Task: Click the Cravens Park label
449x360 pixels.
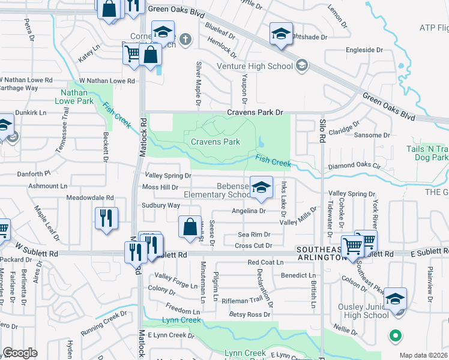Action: click(215, 142)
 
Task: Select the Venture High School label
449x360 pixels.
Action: click(255, 66)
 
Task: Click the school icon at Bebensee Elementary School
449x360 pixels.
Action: click(261, 188)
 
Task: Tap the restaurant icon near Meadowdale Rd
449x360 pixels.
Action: click(106, 218)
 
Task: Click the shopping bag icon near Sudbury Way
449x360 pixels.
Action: click(190, 227)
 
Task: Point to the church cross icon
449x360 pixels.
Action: click(186, 40)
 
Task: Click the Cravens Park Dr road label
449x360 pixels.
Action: click(255, 112)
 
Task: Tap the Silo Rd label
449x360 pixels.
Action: click(323, 127)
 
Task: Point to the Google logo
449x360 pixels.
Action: click(20, 352)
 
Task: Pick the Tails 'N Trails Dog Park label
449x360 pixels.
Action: click(431, 153)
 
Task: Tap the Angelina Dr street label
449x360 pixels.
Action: click(249, 211)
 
